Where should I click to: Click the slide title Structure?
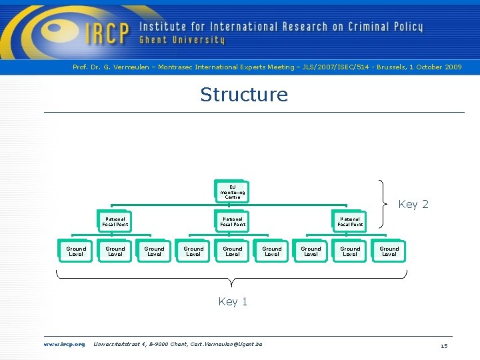[x=244, y=95]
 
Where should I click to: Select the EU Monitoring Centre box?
[x=232, y=192]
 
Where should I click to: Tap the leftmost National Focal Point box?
[x=115, y=221]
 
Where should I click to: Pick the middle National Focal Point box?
[x=233, y=221]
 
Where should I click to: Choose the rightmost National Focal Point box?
[x=350, y=221]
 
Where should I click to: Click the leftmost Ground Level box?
[x=76, y=251]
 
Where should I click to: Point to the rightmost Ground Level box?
[x=389, y=251]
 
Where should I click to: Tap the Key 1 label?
[x=233, y=301]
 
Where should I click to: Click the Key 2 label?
[x=413, y=204]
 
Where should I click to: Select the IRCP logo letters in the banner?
[x=107, y=32]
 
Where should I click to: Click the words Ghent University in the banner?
[x=182, y=41]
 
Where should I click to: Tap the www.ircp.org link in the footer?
[x=65, y=344]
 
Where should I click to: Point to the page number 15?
[x=443, y=345]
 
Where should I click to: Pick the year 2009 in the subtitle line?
[x=453, y=67]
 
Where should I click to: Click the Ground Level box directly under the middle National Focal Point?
[x=233, y=251]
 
